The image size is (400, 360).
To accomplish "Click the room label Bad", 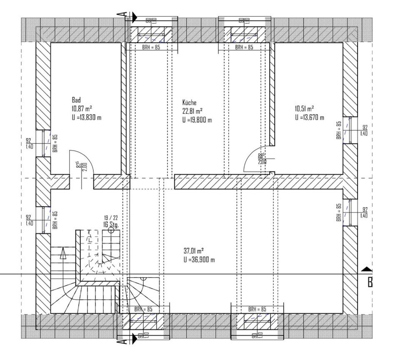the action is (76, 100).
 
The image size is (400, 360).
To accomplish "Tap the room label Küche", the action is (189, 103).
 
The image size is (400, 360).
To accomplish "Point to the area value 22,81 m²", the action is (192, 111).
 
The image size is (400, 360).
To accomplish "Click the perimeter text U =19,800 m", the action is (197, 120).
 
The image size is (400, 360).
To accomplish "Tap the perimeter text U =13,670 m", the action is (310, 118).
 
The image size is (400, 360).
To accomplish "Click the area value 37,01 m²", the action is (194, 251).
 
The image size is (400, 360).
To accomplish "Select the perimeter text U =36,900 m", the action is (199, 260).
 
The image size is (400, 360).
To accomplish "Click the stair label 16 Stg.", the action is (111, 225).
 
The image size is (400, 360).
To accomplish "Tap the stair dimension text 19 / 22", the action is (111, 218).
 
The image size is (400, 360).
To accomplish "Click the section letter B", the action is (370, 283).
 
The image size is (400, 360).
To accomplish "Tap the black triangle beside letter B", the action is (367, 269).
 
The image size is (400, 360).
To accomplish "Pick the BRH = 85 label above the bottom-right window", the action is (257, 310).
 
